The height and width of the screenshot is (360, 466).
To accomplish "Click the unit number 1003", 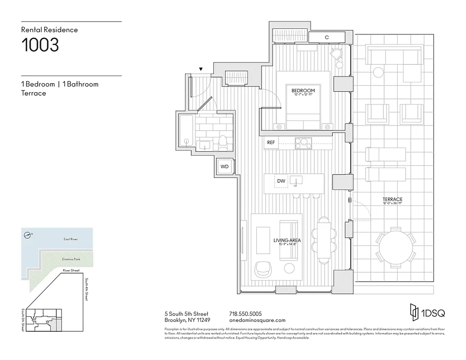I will (x=40, y=45).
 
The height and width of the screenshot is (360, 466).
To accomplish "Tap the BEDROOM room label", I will (x=303, y=90).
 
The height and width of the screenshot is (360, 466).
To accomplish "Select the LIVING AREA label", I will (x=287, y=240).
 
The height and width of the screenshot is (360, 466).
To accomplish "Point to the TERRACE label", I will (x=392, y=199).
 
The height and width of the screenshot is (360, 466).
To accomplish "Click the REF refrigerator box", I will (x=271, y=143).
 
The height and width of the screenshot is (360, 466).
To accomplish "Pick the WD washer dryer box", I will (x=224, y=166).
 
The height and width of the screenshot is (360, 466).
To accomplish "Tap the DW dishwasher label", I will (x=281, y=181).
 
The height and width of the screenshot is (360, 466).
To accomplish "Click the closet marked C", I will (x=326, y=37).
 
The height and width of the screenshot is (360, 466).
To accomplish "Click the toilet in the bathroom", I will (x=222, y=143).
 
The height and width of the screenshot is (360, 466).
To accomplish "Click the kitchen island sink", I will (x=297, y=180).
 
